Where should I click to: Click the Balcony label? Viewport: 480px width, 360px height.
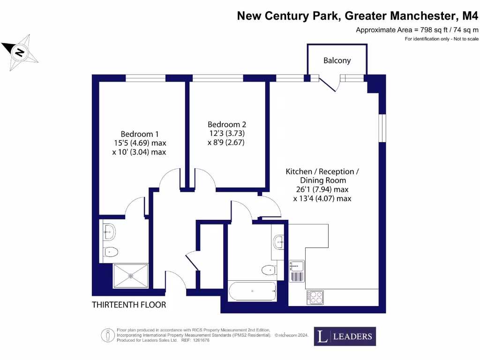tap(337, 60)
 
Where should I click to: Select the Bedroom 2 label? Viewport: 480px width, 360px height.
tap(227, 125)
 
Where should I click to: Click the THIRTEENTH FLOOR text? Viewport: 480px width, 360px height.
tap(129, 305)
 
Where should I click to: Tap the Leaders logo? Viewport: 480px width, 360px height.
tap(345, 336)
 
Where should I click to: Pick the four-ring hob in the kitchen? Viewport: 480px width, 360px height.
tap(315, 297)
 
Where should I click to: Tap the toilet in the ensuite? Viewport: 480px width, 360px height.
tap(111, 252)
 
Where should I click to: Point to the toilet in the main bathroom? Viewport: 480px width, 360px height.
tap(269, 270)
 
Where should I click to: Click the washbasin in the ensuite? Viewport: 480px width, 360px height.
tap(110, 230)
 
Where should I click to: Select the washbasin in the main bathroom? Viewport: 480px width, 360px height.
tap(278, 242)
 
